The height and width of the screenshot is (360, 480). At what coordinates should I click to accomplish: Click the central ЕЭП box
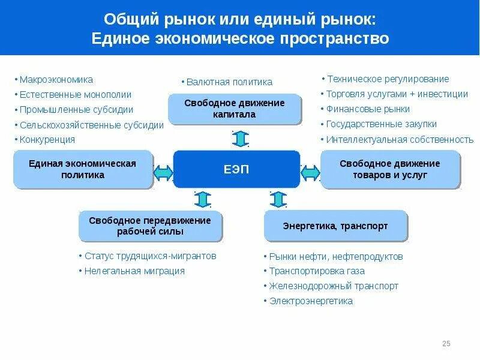(236, 169)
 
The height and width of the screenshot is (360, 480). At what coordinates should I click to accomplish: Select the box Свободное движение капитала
(235, 109)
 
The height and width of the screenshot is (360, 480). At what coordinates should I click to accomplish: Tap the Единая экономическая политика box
(83, 169)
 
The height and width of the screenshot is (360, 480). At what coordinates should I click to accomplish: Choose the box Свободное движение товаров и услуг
(390, 169)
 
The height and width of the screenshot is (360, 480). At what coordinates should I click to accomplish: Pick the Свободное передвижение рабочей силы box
(150, 226)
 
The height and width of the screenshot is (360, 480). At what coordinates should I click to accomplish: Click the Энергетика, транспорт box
(335, 226)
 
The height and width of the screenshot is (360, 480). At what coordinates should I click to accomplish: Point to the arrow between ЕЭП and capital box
(240, 139)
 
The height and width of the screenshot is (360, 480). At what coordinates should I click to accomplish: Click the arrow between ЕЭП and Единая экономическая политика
(163, 173)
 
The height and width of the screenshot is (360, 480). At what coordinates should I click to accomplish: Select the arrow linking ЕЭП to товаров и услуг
(310, 173)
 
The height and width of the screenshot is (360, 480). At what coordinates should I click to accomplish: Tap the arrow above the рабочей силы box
(203, 199)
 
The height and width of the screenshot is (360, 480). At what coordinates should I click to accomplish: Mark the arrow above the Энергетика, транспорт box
(278, 199)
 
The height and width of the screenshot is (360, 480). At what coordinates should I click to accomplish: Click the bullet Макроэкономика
(56, 79)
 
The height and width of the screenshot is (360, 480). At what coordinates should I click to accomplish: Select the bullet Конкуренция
(47, 139)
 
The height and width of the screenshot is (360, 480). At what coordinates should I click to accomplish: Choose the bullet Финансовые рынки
(368, 109)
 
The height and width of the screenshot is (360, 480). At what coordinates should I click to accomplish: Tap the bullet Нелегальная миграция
(134, 271)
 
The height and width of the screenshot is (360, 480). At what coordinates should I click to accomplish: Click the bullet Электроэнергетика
(311, 301)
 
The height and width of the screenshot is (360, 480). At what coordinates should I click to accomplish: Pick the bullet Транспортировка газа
(317, 271)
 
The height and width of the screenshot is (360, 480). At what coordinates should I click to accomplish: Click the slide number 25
(446, 344)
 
